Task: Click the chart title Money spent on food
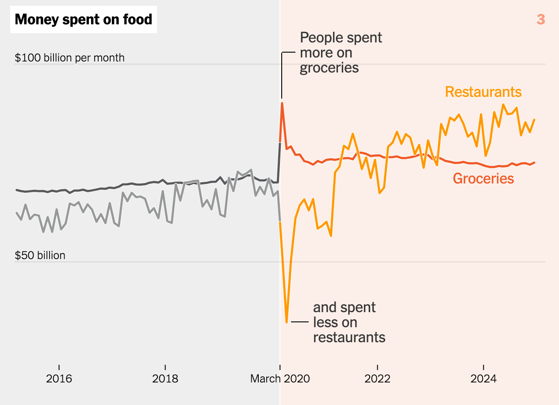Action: coord(84,20)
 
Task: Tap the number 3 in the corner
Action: coord(540,19)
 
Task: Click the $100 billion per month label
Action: coord(70,58)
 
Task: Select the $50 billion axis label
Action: coord(40,256)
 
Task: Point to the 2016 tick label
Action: coord(59,379)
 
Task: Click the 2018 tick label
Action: coord(165,379)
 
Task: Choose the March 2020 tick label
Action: coord(280,379)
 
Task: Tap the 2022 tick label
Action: coord(377,379)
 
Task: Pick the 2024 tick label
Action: coord(483,379)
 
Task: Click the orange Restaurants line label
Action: coord(483,92)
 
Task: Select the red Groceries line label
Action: coord(483,179)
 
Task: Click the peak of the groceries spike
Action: coord(282,103)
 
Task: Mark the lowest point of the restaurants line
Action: coord(287,322)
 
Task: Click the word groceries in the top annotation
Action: coord(329,68)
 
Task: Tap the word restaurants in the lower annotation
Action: coord(349,337)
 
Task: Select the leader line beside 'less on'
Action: coord(300,322)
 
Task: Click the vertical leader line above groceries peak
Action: coord(282,75)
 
